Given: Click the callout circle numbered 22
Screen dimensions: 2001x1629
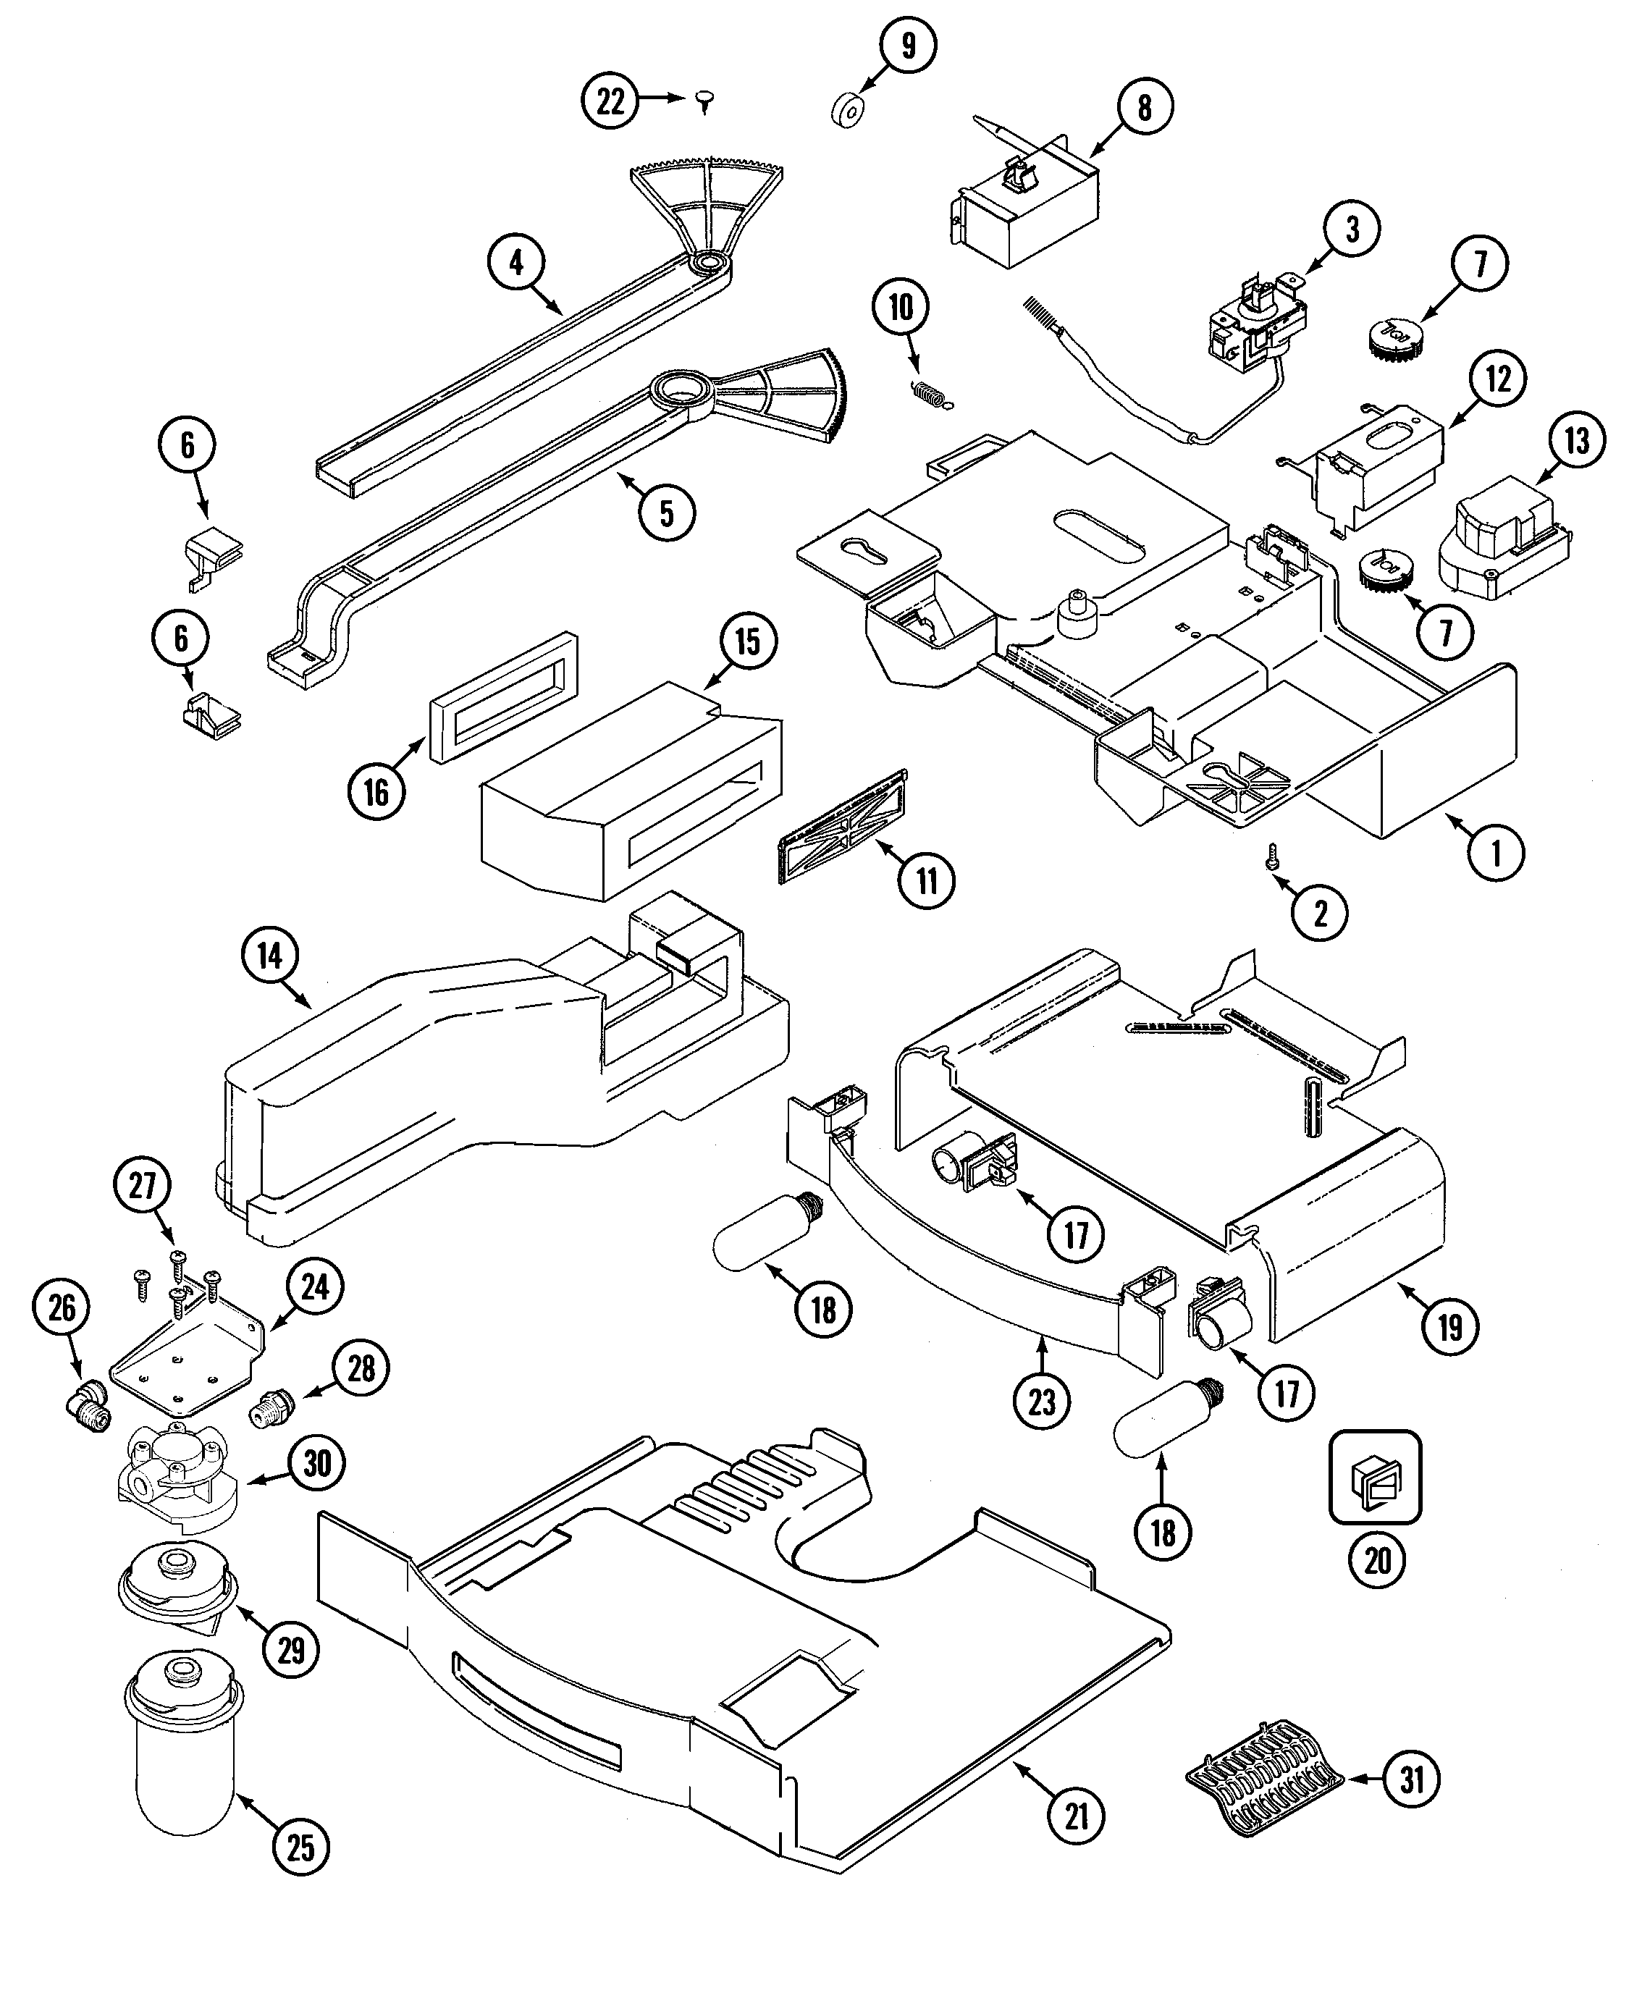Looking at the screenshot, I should [x=610, y=101].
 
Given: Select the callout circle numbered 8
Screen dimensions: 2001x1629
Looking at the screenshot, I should [x=1144, y=108].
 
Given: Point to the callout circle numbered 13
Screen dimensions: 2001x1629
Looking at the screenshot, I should [x=1576, y=441].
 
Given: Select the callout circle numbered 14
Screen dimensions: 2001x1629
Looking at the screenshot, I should [x=269, y=956].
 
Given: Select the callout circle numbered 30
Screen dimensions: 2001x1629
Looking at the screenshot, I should [x=317, y=1462].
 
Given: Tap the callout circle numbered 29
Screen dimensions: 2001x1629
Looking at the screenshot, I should [x=292, y=1648].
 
